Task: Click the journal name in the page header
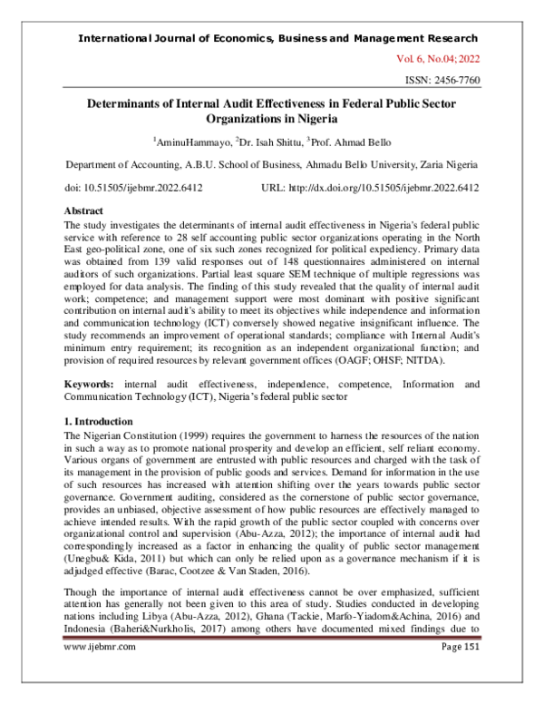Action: pyautogui.click(x=278, y=39)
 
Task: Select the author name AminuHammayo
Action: pyautogui.click(x=191, y=142)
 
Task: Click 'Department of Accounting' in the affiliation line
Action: pyautogui.click(x=119, y=164)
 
